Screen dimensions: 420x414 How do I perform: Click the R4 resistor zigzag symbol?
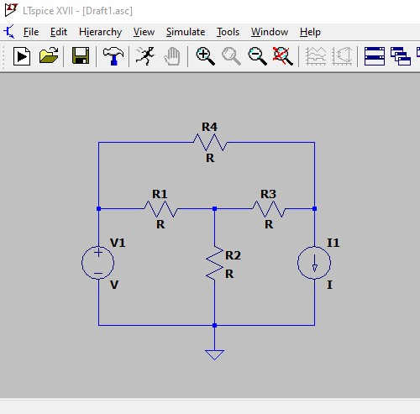click(210, 143)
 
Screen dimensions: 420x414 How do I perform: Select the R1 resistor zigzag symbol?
click(161, 209)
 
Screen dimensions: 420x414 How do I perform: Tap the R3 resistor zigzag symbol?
click(269, 209)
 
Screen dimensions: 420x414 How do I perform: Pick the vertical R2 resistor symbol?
click(215, 263)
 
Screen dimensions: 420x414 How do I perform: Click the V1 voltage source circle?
click(97, 263)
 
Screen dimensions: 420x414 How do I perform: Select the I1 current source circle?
click(314, 263)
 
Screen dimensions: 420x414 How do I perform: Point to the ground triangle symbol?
click(214, 354)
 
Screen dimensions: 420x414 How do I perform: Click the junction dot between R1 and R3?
click(215, 209)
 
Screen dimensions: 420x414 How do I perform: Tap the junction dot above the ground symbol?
click(215, 325)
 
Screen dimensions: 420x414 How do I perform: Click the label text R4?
click(209, 127)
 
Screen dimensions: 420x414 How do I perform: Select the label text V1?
click(118, 243)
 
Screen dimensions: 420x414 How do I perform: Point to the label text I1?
click(333, 243)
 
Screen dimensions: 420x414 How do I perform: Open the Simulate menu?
click(186, 32)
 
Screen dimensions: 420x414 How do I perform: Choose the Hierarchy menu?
click(100, 32)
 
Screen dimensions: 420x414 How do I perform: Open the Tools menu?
click(228, 32)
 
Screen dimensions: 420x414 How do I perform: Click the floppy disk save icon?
click(81, 55)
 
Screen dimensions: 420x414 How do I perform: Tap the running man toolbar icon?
click(145, 56)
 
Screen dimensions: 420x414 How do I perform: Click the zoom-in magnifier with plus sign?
click(206, 56)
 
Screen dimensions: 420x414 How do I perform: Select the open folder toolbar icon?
click(49, 55)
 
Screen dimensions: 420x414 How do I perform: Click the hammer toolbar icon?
click(113, 56)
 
